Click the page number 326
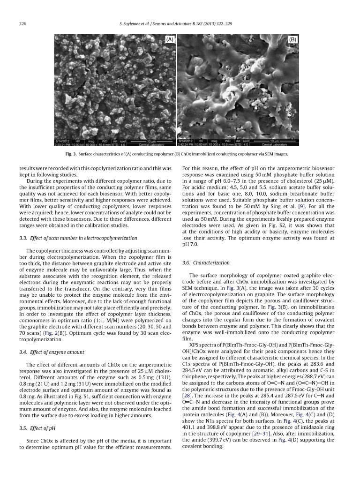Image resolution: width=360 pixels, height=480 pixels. coord(22,24)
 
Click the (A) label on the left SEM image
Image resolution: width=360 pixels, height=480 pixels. coord(170,40)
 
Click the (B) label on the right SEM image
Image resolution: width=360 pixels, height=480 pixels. coord(292,40)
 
